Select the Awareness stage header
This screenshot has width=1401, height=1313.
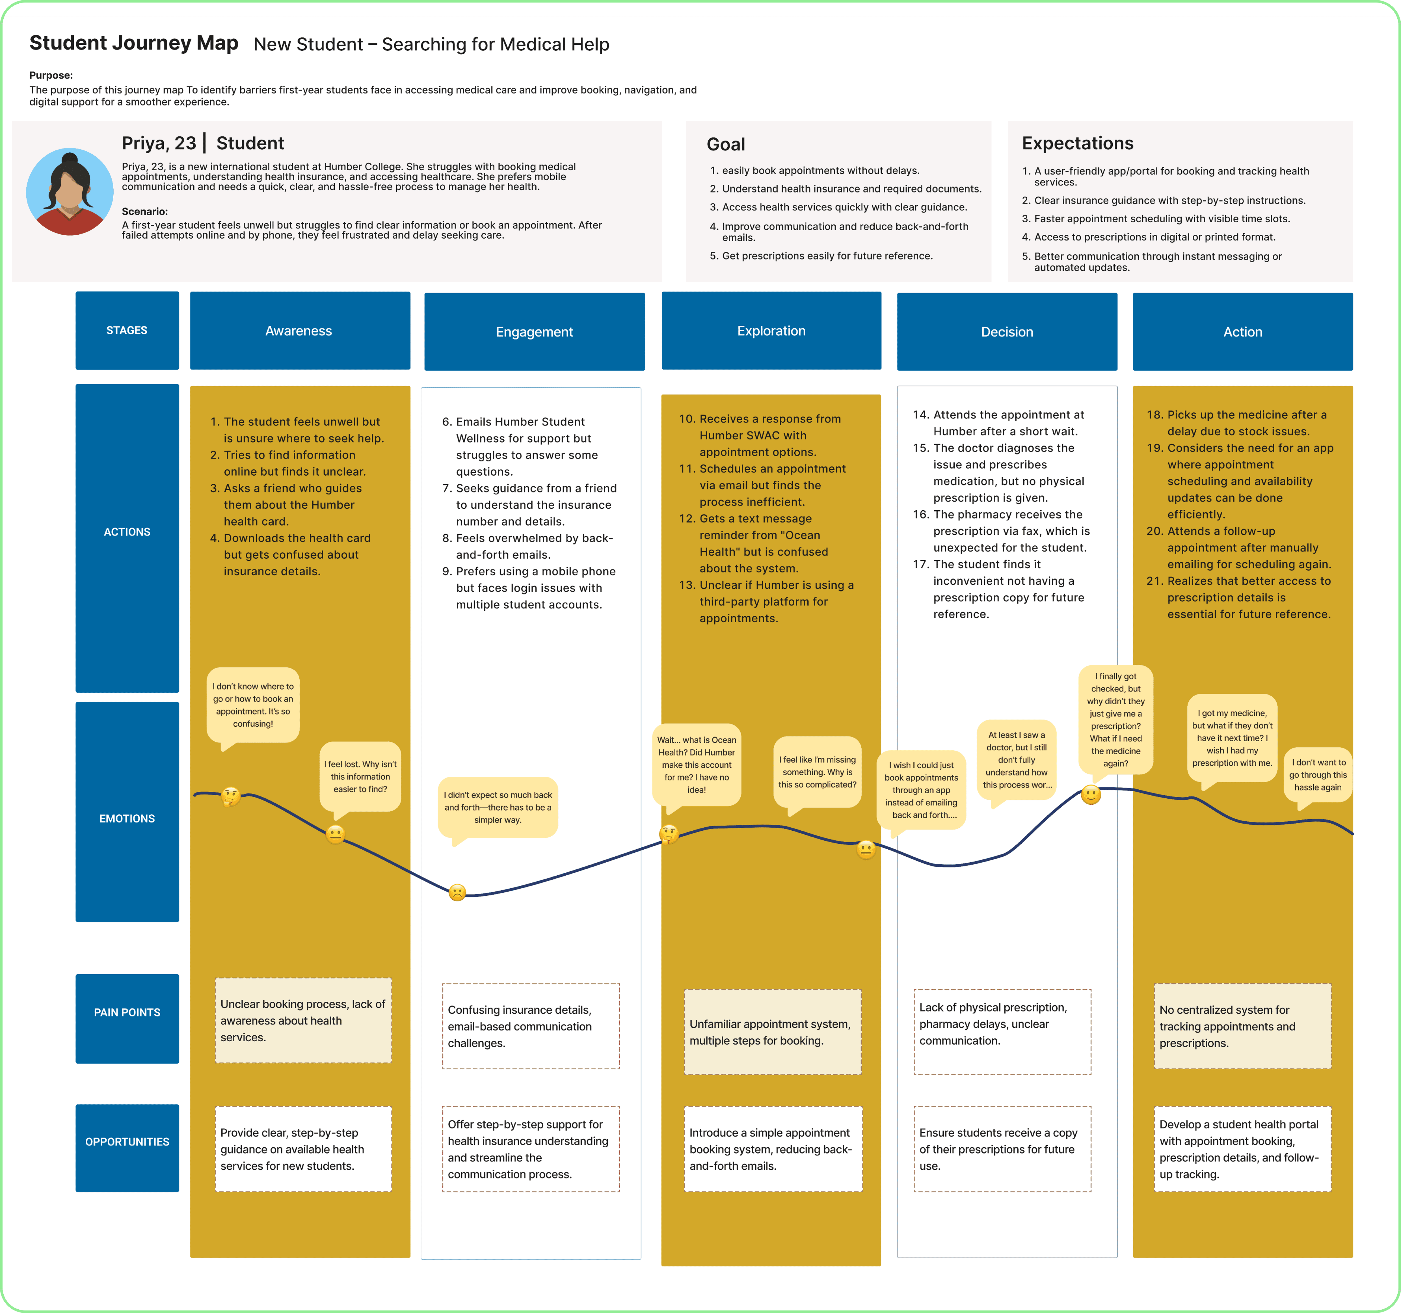click(300, 331)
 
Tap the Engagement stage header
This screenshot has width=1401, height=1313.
click(534, 332)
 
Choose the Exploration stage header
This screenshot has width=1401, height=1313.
click(771, 331)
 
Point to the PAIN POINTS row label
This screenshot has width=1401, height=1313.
click(127, 1012)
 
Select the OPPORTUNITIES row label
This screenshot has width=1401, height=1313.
click(127, 1142)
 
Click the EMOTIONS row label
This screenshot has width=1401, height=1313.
click(127, 818)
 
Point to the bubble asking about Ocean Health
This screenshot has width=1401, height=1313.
click(696, 765)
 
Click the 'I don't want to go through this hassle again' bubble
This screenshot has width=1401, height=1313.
click(1317, 775)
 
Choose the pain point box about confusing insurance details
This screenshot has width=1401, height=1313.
click(531, 1026)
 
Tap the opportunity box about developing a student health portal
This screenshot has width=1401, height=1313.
click(1242, 1149)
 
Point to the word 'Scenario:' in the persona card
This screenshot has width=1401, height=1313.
click(144, 211)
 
